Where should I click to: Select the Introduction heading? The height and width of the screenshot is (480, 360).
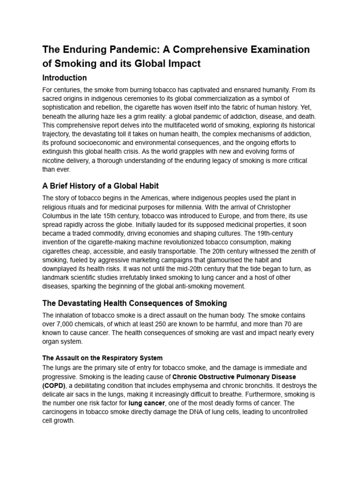pyautogui.click(x=64, y=78)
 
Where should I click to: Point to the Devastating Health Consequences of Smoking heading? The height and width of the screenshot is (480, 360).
pyautogui.click(x=135, y=303)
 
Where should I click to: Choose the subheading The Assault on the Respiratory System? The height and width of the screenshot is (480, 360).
pyautogui.click(x=102, y=358)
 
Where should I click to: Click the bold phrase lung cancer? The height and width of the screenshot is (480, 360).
pyautogui.click(x=147, y=403)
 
